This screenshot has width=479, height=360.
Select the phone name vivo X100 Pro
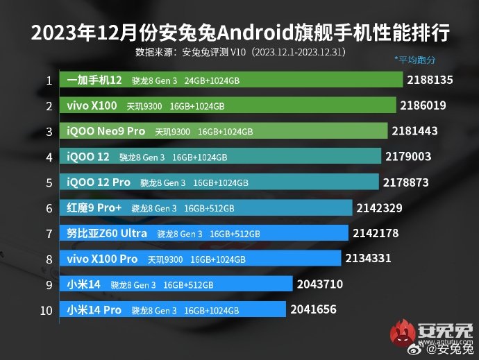coord(102,259)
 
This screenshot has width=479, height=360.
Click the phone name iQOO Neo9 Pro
coord(106,132)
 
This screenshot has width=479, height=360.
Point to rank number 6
coord(49,207)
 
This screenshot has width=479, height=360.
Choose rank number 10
coord(47,309)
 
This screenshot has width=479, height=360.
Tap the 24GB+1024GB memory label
coord(212,81)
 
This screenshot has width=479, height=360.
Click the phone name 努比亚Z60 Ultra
coord(106,233)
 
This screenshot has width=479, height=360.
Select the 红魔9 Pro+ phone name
coord(94,207)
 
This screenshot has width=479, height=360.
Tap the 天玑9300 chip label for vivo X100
coord(144,106)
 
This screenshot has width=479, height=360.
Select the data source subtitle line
coord(239,52)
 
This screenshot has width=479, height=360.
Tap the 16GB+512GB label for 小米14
coord(188,284)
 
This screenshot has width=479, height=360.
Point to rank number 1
coord(49,80)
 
